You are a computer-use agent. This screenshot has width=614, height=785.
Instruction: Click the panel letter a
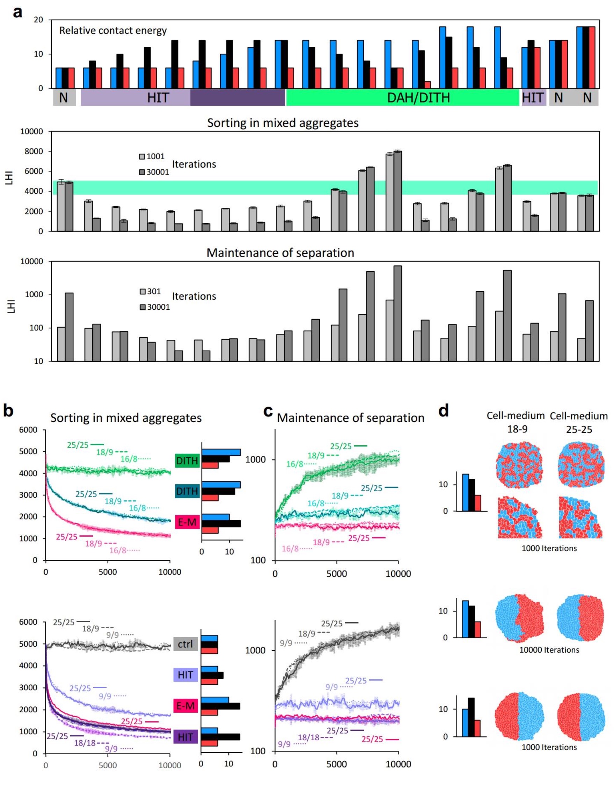click(x=17, y=12)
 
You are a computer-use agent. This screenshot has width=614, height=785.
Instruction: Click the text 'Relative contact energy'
click(x=113, y=30)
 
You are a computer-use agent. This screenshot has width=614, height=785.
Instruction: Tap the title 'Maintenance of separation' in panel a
click(x=280, y=253)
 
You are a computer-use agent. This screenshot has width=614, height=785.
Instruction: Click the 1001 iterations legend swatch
click(x=142, y=156)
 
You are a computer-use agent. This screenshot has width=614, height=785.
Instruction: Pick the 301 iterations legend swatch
click(x=143, y=292)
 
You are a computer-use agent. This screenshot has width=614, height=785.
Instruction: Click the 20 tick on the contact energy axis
click(x=38, y=20)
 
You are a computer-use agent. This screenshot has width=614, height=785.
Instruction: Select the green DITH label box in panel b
click(x=187, y=461)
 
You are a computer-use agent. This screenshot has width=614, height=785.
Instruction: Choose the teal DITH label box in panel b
click(x=187, y=491)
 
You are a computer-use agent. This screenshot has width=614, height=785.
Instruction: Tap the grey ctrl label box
click(x=185, y=643)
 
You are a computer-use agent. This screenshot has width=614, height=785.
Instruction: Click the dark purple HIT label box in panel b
click(x=185, y=737)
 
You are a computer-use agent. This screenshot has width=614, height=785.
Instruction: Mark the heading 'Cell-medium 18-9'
click(x=516, y=422)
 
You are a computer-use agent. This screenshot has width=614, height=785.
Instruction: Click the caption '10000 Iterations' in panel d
click(x=549, y=650)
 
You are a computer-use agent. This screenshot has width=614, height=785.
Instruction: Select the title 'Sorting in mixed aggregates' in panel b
click(x=126, y=418)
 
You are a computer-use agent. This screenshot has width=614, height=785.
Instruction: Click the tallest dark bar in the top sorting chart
click(x=397, y=191)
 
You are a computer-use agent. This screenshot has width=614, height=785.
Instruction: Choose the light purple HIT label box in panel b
click(x=185, y=675)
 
